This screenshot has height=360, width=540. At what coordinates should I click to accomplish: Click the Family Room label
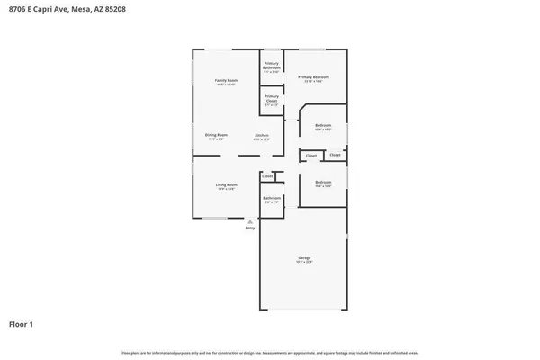click(x=226, y=81)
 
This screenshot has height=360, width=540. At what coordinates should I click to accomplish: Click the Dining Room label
click(x=217, y=135)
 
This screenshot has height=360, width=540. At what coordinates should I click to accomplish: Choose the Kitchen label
click(x=262, y=135)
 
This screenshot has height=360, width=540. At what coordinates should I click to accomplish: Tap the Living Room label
click(x=226, y=184)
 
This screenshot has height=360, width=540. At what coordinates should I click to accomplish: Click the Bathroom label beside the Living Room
click(x=272, y=197)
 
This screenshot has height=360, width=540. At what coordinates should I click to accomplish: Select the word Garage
click(x=304, y=258)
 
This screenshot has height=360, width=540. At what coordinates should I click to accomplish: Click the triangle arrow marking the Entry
click(x=250, y=220)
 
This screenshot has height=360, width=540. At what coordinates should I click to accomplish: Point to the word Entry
click(x=250, y=228)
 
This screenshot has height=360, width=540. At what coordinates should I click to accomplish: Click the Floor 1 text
click(x=22, y=323)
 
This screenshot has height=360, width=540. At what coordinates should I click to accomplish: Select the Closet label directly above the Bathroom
click(x=267, y=176)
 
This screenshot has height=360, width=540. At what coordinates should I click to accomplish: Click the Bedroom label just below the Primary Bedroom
click(x=323, y=125)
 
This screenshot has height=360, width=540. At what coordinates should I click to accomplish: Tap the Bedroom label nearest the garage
click(x=323, y=183)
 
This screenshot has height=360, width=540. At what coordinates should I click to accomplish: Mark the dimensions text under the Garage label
click(x=304, y=263)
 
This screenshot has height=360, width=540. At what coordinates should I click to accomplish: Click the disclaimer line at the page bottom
click(x=270, y=352)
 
